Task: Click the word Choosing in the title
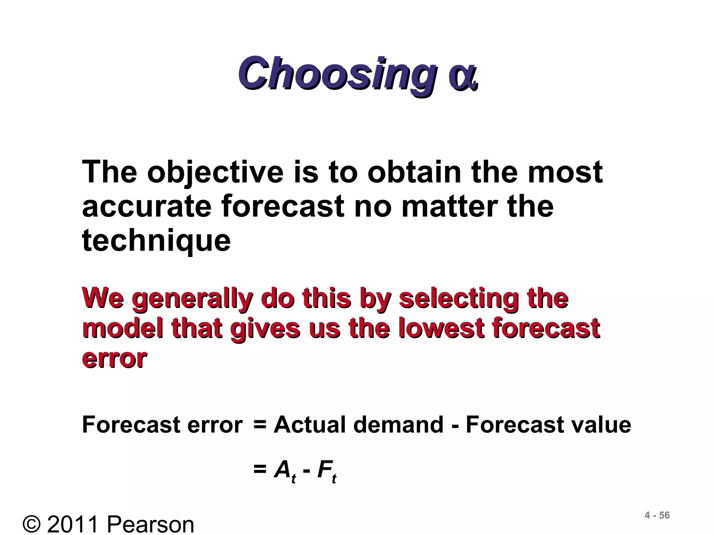[x=337, y=74]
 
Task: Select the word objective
[x=215, y=173]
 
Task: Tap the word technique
[x=156, y=241]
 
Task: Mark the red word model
[x=122, y=329]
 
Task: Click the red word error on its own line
[x=114, y=359]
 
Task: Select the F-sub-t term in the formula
[x=327, y=471]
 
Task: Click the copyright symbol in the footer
[x=32, y=524]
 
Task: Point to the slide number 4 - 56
[x=657, y=515]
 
